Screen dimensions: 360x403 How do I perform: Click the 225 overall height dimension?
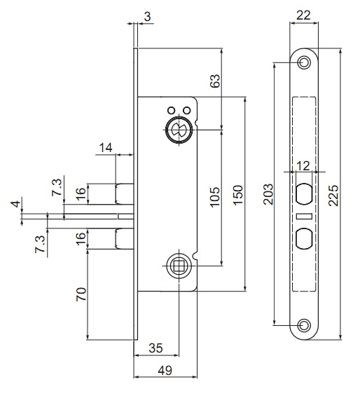tap(333, 195)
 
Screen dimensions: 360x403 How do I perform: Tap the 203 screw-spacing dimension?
tap(268, 194)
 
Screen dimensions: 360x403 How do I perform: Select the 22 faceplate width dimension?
tap(303, 15)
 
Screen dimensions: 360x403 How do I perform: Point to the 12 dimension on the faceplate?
tap(303, 166)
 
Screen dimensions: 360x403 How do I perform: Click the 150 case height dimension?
tap(238, 195)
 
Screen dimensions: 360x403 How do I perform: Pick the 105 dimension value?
tap(215, 197)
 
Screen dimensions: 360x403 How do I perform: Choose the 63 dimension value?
tap(215, 81)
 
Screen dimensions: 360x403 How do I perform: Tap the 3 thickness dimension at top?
tap(147, 17)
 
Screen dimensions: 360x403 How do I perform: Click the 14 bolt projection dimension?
tap(106, 148)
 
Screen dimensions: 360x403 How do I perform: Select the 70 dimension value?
tap(81, 294)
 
